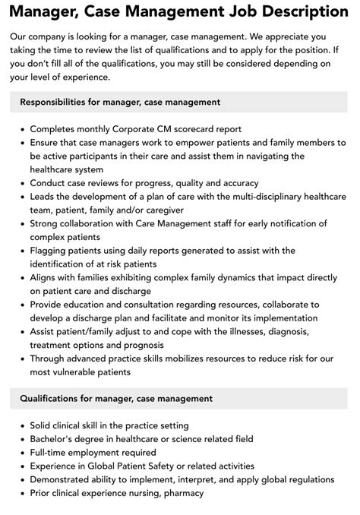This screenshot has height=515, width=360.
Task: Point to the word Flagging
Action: pyautogui.click(x=51, y=251)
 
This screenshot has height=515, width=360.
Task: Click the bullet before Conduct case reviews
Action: pyautogui.click(x=23, y=183)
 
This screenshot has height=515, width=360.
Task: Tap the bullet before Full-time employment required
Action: pyautogui.click(x=23, y=452)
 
